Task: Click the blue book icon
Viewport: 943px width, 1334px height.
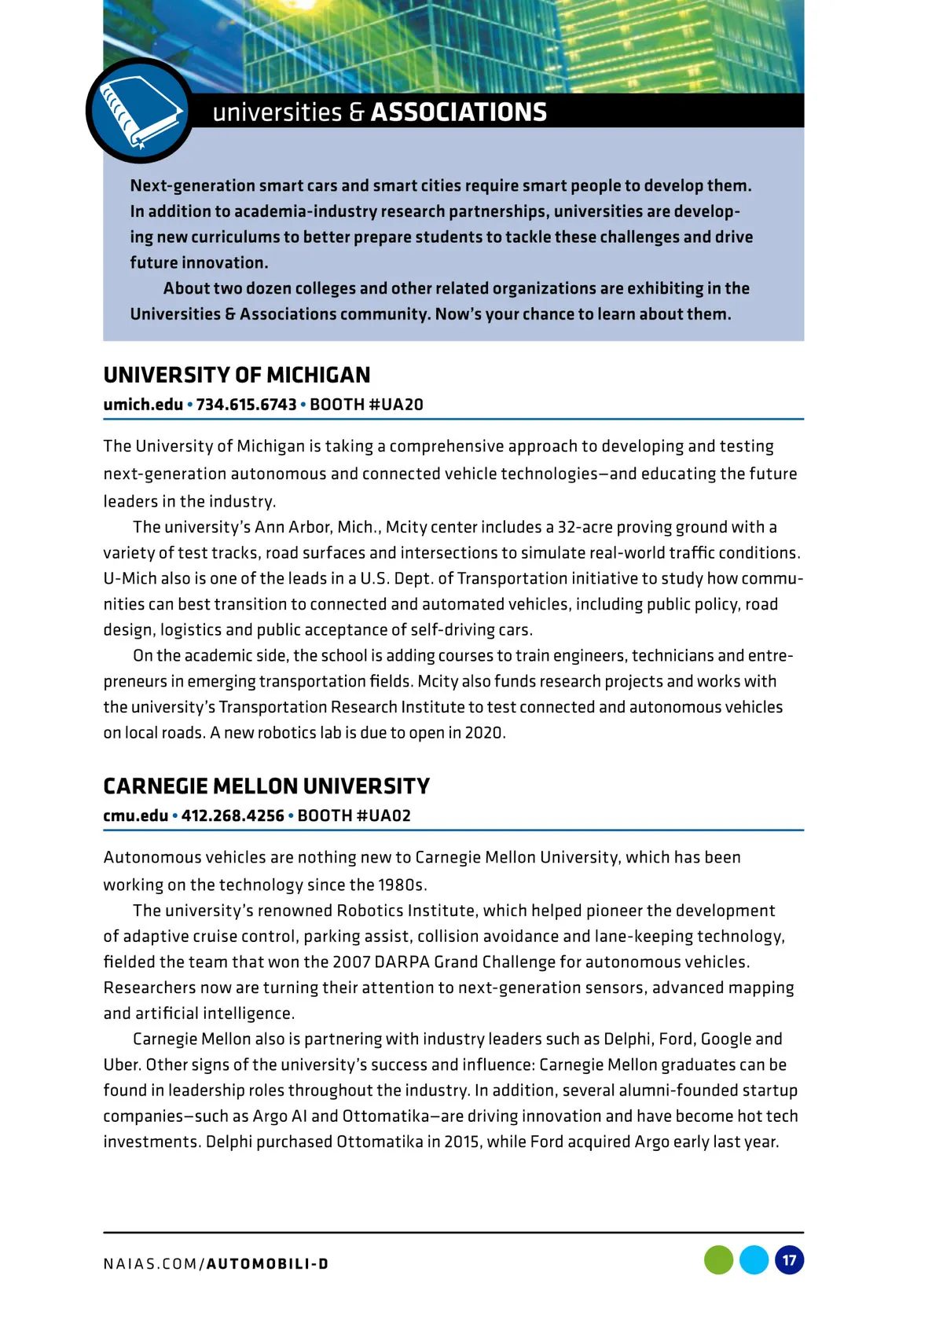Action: pos(138,111)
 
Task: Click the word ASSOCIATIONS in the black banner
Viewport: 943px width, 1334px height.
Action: pos(458,112)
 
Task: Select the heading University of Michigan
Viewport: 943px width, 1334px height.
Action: pos(237,375)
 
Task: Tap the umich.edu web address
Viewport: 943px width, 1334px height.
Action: pos(143,405)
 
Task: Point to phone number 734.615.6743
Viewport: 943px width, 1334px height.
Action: pos(246,405)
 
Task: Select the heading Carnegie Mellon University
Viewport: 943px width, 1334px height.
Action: pos(266,786)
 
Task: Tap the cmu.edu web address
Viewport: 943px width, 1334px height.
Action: pos(135,815)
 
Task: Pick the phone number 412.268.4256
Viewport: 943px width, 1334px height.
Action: pos(233,815)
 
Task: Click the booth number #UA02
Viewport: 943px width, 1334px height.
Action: pos(383,815)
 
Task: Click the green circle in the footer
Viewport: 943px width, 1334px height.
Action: pos(718,1260)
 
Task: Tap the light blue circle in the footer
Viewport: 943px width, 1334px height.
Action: pos(754,1260)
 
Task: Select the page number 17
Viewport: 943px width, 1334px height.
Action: pos(789,1260)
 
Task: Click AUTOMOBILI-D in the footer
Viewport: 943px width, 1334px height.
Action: pos(267,1264)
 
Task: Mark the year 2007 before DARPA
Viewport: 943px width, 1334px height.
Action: pos(351,962)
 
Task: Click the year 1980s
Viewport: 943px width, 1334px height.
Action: pos(401,885)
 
